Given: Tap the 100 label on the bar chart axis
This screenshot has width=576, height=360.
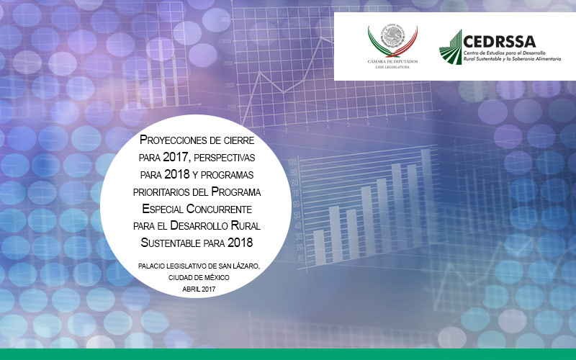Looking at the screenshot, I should tap(292, 162).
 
